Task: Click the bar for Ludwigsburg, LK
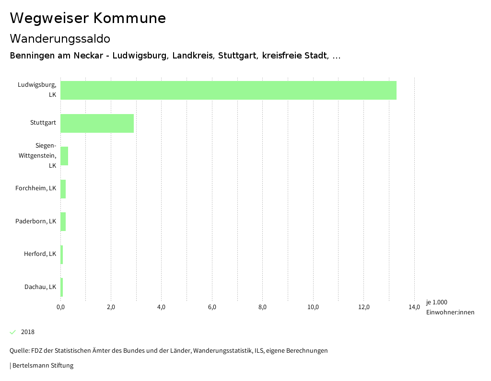pos(228,90)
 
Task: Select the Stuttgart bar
pos(97,123)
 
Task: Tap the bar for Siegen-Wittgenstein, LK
pos(64,156)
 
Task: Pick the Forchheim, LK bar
pos(63,189)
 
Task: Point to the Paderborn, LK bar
pos(63,221)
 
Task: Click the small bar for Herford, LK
pos(62,254)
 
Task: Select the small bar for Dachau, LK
pos(62,287)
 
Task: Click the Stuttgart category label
pos(43,123)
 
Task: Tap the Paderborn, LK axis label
pos(35,221)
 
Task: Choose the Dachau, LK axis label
pos(40,287)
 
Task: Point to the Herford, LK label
pos(40,254)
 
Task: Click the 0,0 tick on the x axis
pos(60,307)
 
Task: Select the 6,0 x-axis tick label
pos(212,307)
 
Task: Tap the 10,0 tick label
pos(313,307)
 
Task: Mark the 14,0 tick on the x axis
pos(414,307)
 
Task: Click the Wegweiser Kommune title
pos(88,18)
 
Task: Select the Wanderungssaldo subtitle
pos(60,38)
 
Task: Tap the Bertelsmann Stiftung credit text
pos(43,366)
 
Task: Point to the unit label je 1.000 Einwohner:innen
pos(449,307)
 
